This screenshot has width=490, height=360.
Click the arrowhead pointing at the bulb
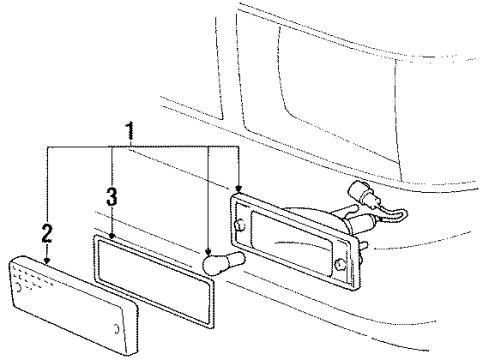point(207,252)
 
